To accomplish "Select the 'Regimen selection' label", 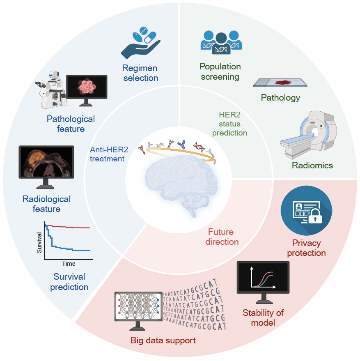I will (x=140, y=72).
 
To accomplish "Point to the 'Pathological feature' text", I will (x=71, y=124).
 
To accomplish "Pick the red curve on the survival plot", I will (x=70, y=227).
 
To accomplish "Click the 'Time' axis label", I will (x=69, y=264).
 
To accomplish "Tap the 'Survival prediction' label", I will (x=69, y=281).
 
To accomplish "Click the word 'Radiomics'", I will (x=312, y=166).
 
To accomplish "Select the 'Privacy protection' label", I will (x=306, y=248).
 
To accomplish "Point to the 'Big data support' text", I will (x=163, y=340).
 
